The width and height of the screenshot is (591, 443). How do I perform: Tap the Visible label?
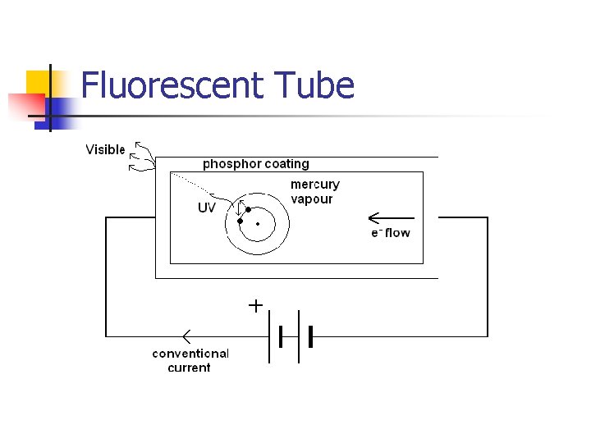(x=106, y=149)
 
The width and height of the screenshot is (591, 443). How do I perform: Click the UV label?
(x=206, y=208)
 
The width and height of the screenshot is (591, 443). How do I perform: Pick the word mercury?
(x=314, y=185)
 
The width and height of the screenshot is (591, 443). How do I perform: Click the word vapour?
(x=312, y=199)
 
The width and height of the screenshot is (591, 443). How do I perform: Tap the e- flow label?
(x=390, y=233)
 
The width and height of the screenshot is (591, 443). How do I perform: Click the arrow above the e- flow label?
(x=391, y=218)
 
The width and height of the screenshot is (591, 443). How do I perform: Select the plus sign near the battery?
(x=255, y=306)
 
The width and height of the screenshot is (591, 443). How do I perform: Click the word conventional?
(x=190, y=354)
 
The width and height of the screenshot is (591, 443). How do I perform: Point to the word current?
(x=189, y=368)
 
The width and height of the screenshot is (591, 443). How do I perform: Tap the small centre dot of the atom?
(x=258, y=223)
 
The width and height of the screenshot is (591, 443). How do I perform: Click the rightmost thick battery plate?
(x=311, y=336)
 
